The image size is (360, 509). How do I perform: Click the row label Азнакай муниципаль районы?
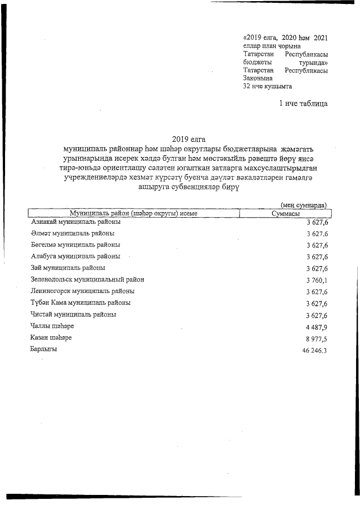[x=75, y=222]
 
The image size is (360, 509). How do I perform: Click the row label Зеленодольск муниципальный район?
[x=87, y=280]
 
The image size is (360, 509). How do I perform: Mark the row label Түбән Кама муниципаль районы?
[x=80, y=303]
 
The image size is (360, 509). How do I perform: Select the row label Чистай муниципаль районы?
[x=73, y=314]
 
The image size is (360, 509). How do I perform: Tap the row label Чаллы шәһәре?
[x=52, y=326]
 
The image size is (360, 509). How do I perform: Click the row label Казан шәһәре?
[x=51, y=337]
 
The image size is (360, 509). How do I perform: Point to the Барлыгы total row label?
[x=44, y=349]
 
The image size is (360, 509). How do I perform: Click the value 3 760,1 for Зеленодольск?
[x=317, y=280]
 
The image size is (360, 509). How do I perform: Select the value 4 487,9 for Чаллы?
[x=317, y=326]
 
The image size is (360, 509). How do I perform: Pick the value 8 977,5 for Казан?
[x=317, y=338]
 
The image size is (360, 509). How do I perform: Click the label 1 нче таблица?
[x=303, y=103]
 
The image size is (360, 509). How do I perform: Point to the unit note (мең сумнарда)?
[x=304, y=206]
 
